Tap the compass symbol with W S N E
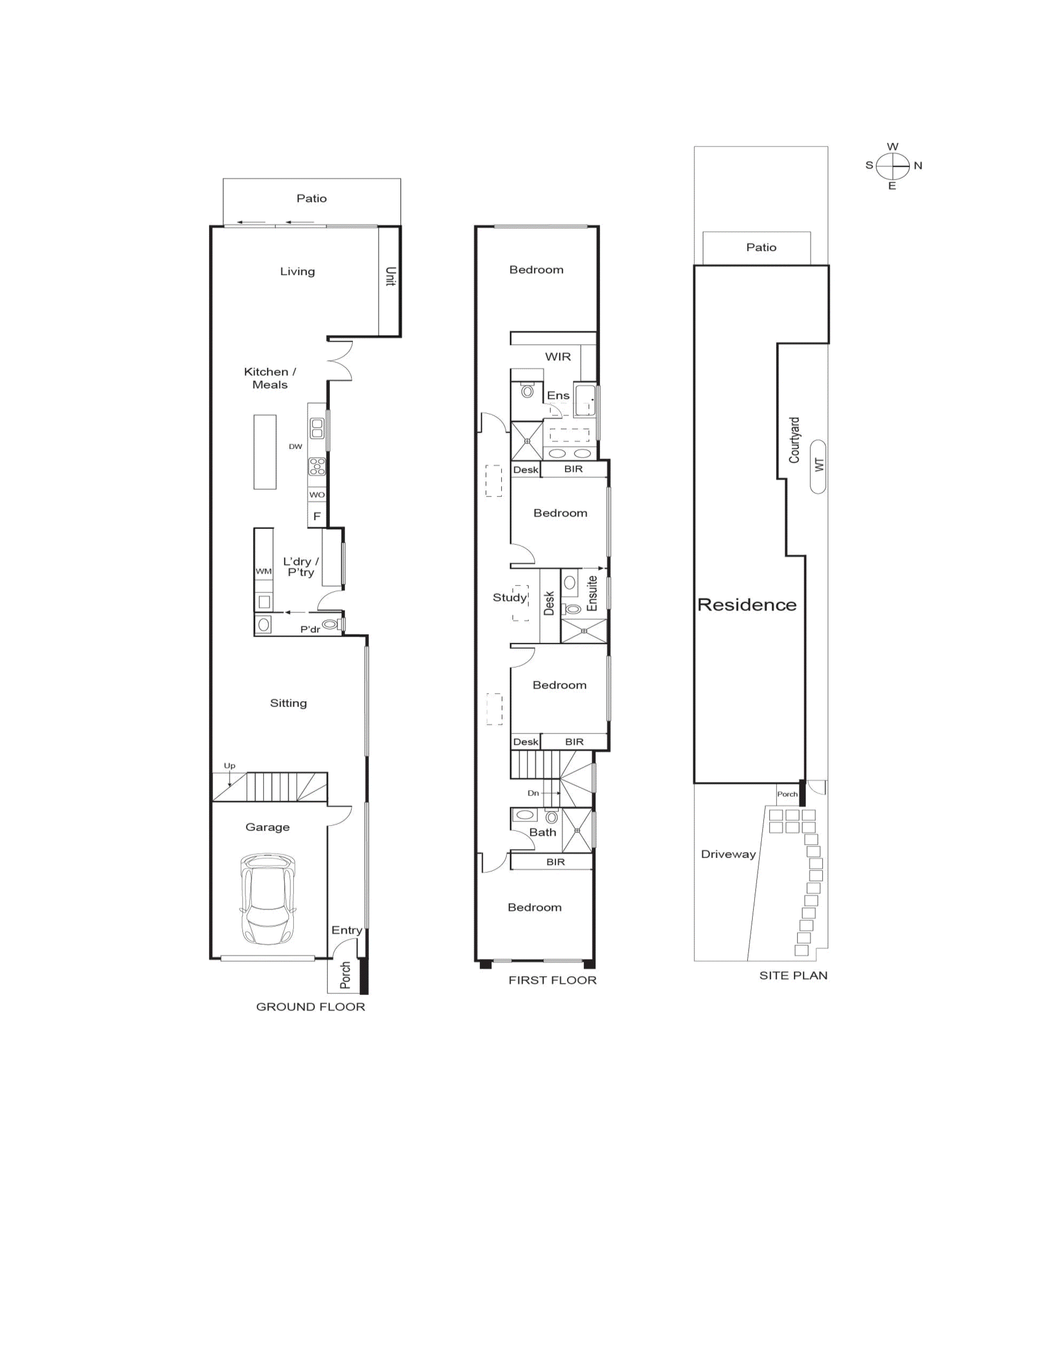click(x=893, y=166)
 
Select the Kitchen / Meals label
click(x=270, y=378)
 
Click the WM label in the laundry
click(x=264, y=571)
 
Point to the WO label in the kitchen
click(x=316, y=495)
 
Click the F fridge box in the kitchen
click(x=316, y=516)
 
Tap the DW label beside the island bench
click(x=295, y=447)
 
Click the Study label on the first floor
click(x=509, y=598)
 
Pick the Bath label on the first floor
click(x=542, y=833)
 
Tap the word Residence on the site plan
click(x=746, y=605)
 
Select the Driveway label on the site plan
click(x=728, y=854)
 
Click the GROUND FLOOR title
click(x=310, y=1006)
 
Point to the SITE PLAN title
click(x=793, y=976)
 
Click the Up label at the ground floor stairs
click(x=229, y=766)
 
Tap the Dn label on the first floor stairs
click(x=533, y=793)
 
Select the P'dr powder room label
click(x=310, y=630)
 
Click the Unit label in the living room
click(x=390, y=276)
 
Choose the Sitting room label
click(x=288, y=703)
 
